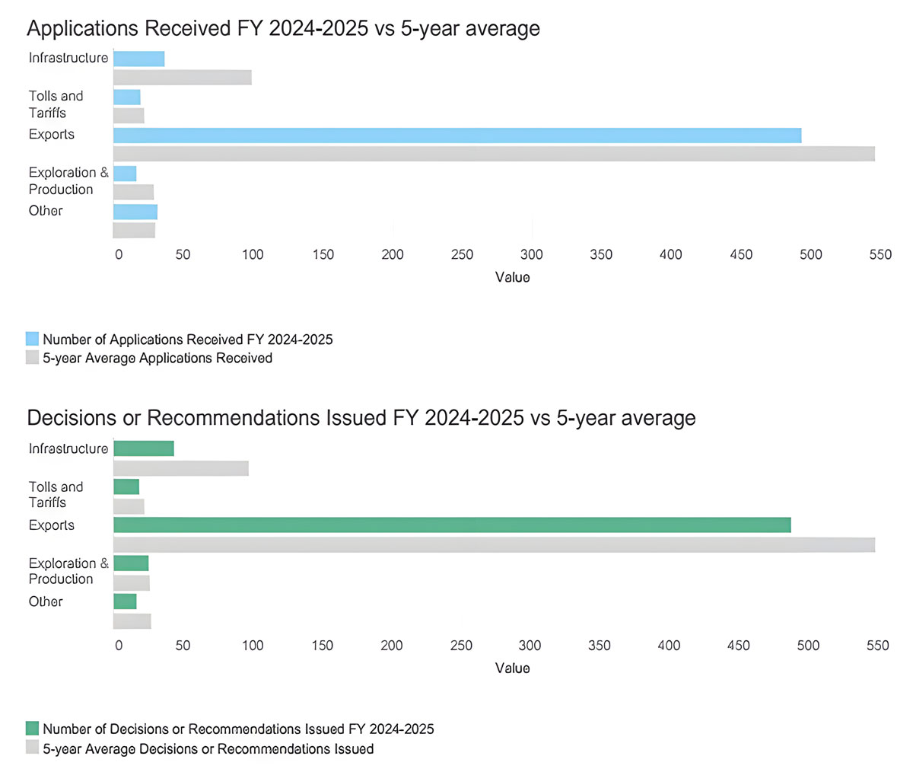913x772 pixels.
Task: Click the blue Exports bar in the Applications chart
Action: [456, 136]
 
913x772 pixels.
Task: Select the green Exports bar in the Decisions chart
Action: [452, 525]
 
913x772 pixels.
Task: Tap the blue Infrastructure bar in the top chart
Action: [138, 59]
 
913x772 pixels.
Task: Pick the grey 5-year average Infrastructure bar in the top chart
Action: [182, 78]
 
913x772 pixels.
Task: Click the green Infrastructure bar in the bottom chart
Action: [143, 448]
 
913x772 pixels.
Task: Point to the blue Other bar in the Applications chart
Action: [135, 212]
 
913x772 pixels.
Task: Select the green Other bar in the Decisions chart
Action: [125, 601]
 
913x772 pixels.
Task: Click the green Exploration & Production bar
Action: [131, 563]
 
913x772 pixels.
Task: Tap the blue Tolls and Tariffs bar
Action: [126, 97]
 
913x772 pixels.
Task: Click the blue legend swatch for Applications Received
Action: [32, 339]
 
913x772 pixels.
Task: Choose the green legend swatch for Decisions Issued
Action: [32, 729]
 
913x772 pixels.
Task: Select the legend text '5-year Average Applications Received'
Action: [157, 358]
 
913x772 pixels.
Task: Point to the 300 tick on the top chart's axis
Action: [531, 254]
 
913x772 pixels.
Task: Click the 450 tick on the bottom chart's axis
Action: [738, 646]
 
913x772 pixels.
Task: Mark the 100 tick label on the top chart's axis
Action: [253, 254]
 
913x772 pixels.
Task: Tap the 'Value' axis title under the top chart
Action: [512, 277]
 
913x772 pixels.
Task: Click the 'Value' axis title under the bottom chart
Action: [512, 668]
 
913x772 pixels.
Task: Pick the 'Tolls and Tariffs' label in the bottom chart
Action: [56, 494]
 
